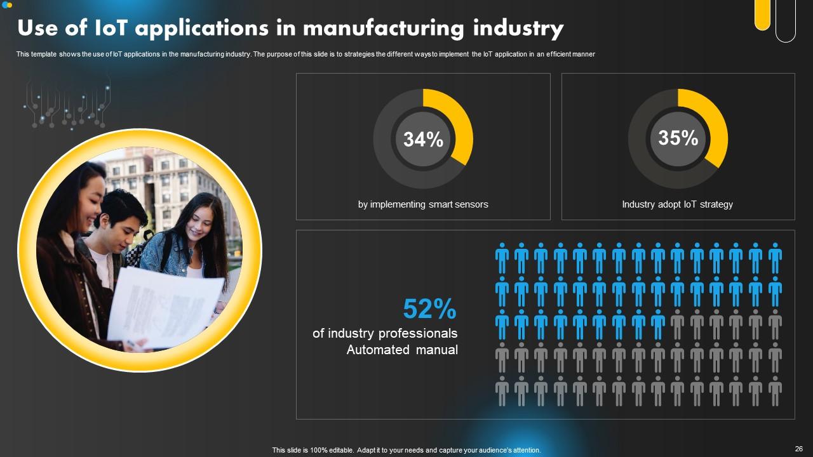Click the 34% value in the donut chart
tap(423, 139)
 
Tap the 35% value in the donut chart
tap(678, 138)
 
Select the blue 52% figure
tap(430, 310)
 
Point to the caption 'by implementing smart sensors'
tap(423, 204)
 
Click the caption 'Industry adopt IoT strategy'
tap(677, 204)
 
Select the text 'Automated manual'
tap(402, 350)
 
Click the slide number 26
tap(799, 449)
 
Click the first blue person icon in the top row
tap(502, 258)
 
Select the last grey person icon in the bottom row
tap(775, 390)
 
